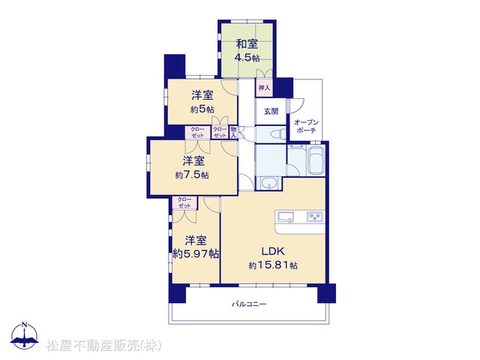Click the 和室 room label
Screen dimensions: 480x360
[x=247, y=44]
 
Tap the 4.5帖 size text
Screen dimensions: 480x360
[x=247, y=58]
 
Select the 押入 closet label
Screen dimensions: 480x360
[x=265, y=88]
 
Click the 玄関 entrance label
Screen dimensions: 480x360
[x=271, y=112]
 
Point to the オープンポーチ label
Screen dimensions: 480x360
[x=307, y=127]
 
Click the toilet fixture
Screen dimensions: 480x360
[x=277, y=133]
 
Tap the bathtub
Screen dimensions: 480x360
[x=316, y=160]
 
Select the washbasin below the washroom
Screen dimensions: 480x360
[x=269, y=184]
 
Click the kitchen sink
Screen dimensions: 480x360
[x=286, y=217]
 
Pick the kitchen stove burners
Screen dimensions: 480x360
[x=315, y=217]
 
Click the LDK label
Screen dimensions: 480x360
[x=273, y=251]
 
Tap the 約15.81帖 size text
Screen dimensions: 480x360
[x=273, y=265]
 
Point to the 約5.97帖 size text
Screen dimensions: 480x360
[x=196, y=253]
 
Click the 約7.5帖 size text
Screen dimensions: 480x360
[x=192, y=175]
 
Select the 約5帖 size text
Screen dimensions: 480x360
[x=202, y=109]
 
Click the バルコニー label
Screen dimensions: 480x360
[x=249, y=304]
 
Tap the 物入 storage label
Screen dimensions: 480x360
[x=233, y=132]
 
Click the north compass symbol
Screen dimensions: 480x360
[x=24, y=335]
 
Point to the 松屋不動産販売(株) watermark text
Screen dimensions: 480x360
[x=104, y=346]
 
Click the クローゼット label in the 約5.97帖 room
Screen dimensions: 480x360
[x=184, y=202]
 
